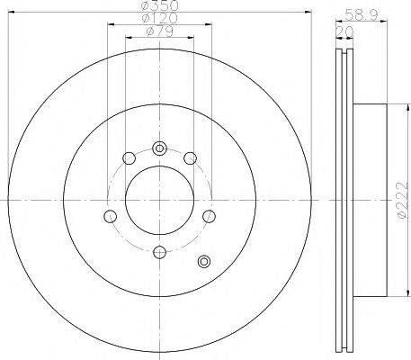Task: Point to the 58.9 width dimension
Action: pyautogui.click(x=361, y=14)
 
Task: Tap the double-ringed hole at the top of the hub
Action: pyautogui.click(x=159, y=148)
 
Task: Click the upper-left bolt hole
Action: pyautogui.click(x=129, y=159)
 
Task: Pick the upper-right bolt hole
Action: pyautogui.click(x=190, y=159)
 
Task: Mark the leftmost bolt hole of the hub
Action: pyautogui.click(x=110, y=215)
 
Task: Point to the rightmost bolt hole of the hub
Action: pyautogui.click(x=210, y=215)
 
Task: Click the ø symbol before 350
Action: pyautogui.click(x=143, y=6)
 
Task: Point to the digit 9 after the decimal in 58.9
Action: pyautogui.click(x=371, y=14)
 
